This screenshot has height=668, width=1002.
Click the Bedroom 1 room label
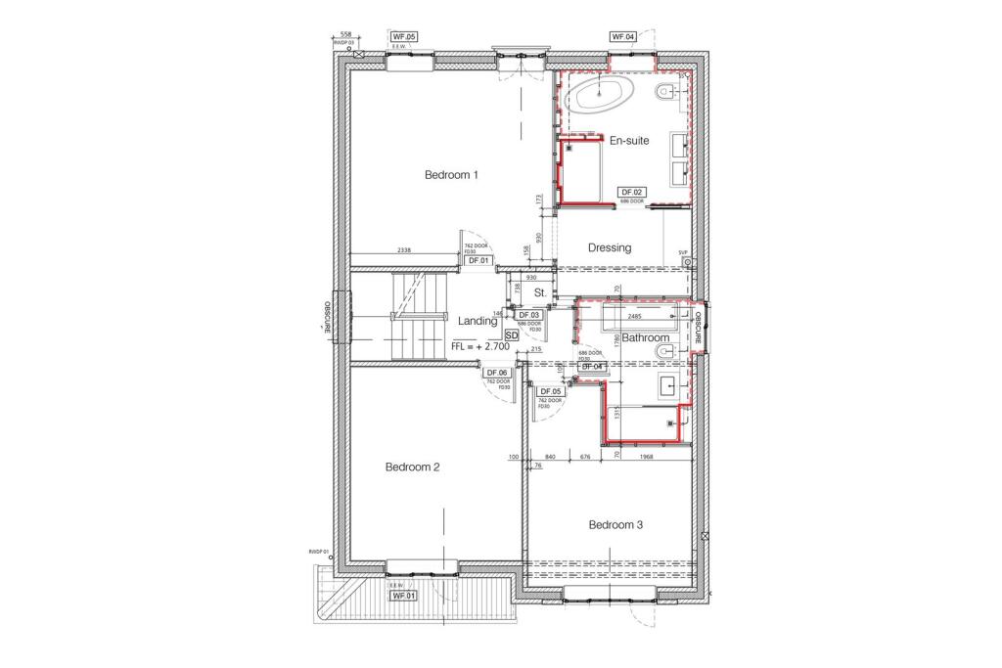click(451, 176)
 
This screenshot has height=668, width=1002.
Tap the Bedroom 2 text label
click(412, 468)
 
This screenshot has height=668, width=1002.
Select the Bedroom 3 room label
click(615, 525)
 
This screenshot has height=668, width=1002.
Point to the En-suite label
click(629, 141)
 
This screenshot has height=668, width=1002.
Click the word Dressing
click(610, 248)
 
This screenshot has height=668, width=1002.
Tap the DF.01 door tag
click(478, 261)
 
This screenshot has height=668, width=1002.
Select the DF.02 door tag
click(631, 193)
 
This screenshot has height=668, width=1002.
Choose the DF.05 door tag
click(549, 391)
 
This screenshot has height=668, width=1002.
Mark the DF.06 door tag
click(497, 374)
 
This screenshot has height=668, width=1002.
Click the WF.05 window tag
click(404, 37)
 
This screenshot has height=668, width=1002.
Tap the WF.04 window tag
click(623, 37)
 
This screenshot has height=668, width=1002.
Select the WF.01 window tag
click(404, 596)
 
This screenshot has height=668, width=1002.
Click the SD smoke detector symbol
click(511, 334)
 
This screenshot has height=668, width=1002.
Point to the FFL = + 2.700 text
click(480, 347)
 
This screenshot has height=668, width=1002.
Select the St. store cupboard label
click(539, 293)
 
